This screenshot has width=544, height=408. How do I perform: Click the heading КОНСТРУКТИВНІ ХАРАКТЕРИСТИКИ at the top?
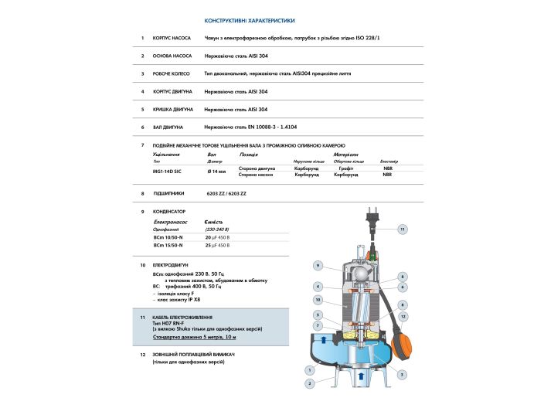249,21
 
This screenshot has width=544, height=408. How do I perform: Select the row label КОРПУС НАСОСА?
171,37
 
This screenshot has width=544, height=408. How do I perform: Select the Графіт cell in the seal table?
345,167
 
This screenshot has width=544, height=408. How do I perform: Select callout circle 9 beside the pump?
317,266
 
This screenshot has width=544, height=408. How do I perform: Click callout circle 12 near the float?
403,317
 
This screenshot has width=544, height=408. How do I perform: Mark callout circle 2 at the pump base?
309,383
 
